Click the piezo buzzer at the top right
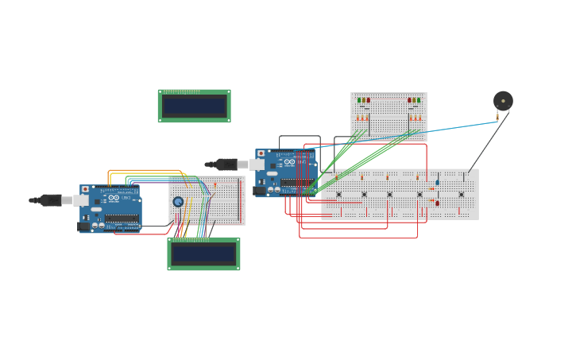coord(503,101)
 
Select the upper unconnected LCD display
coord(194,106)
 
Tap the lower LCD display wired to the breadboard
coord(203,254)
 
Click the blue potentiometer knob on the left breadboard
coord(178,202)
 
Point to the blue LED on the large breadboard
coord(437,182)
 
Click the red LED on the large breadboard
coord(437,203)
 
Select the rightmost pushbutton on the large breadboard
coord(461,194)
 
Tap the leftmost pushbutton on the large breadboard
coord(338,194)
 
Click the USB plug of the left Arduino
coord(52,200)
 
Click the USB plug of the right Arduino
coord(227,165)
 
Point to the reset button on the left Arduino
coord(86,190)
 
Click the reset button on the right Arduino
coord(261,153)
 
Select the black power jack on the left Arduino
coord(84,226)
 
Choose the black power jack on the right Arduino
coord(260,191)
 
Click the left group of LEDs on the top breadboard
coord(363,100)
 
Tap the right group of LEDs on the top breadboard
coord(414,100)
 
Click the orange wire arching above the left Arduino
coord(143,170)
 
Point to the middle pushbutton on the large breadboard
coord(389,194)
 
